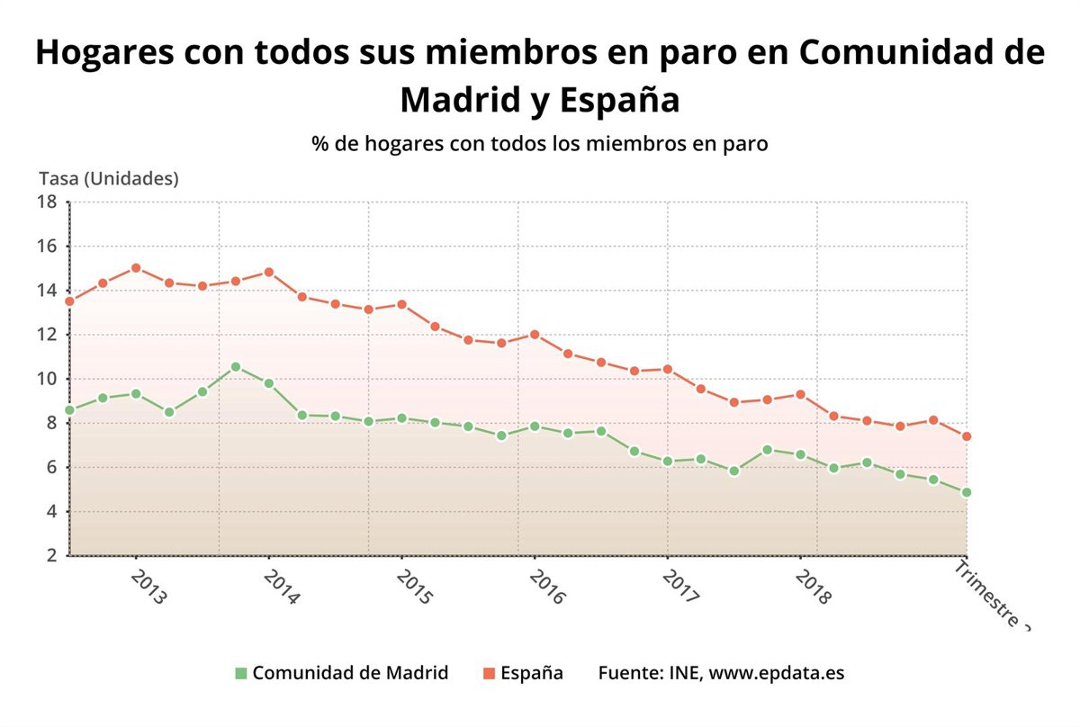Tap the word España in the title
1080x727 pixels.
pyautogui.click(x=619, y=99)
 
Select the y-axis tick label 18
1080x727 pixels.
pyautogui.click(x=47, y=202)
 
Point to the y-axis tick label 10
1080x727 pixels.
pyautogui.click(x=47, y=379)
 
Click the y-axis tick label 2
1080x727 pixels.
pyautogui.click(x=50, y=556)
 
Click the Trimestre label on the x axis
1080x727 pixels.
pyautogui.click(x=990, y=594)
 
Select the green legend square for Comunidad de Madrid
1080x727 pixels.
pyautogui.click(x=240, y=673)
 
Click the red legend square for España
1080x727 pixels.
pyautogui.click(x=489, y=673)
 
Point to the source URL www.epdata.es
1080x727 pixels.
pyautogui.click(x=777, y=673)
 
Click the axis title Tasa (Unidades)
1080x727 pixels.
pyautogui.click(x=109, y=178)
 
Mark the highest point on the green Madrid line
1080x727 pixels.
pyautogui.click(x=236, y=367)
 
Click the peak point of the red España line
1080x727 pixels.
pyautogui.click(x=136, y=268)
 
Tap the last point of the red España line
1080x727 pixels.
pyautogui.click(x=967, y=436)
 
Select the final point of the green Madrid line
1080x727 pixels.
pyautogui.click(x=967, y=493)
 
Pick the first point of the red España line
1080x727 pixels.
pyautogui.click(x=69, y=301)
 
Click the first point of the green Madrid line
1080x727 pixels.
pyautogui.click(x=69, y=410)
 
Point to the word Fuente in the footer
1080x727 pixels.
pyautogui.click(x=627, y=673)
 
